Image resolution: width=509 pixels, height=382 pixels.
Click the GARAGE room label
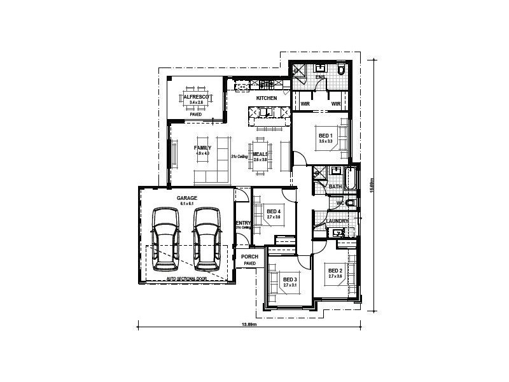click(187, 198)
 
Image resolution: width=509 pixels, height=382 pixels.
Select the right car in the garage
click(206, 236)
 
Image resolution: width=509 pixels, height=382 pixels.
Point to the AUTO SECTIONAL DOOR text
click(187, 278)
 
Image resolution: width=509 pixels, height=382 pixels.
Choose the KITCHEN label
click(267, 99)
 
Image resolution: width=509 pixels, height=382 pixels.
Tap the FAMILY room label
click(202, 148)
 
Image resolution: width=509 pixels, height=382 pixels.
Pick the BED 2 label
click(335, 271)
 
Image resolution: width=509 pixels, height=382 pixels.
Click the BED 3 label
click(290, 279)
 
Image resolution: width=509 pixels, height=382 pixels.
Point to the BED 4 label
click(274, 211)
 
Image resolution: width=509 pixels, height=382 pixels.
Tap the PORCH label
click(249, 257)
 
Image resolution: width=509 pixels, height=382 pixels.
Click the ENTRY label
click(243, 222)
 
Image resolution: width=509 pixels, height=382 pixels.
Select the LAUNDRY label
click(337, 221)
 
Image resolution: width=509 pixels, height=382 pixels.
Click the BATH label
click(335, 187)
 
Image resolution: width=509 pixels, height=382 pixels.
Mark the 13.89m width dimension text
click(249, 325)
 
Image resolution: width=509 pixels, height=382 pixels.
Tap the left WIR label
click(305, 104)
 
